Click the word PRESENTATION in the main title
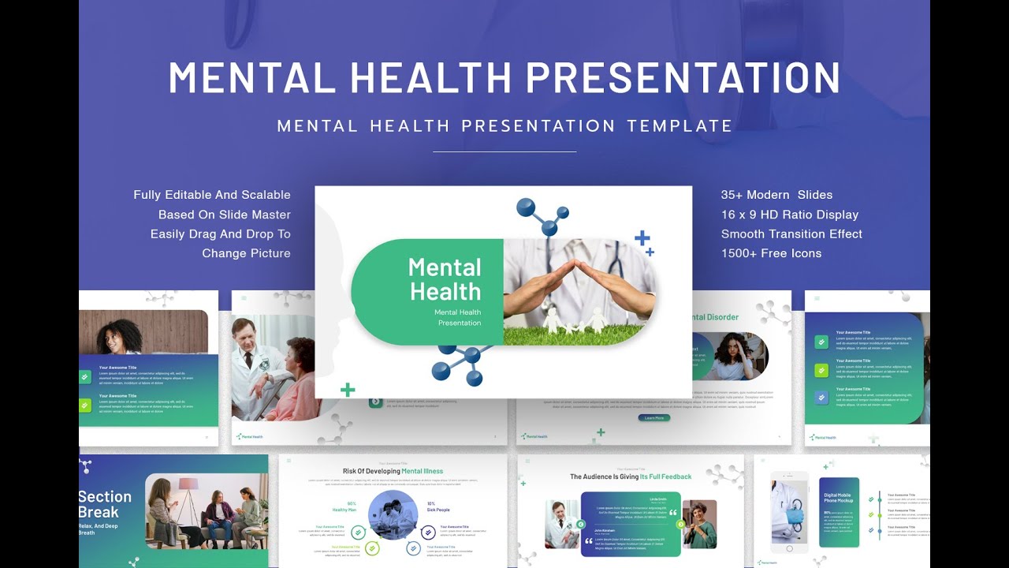pos(683,77)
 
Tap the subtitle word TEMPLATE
pos(679,125)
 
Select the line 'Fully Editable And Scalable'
pos(212,195)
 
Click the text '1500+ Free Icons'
pos(771,253)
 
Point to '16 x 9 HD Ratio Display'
pos(789,215)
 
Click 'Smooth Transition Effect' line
pos(791,234)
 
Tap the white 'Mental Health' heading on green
pos(445,279)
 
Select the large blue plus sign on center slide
pos(642,237)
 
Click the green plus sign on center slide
pos(348,390)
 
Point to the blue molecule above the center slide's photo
pos(541,215)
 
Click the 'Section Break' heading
pos(104,504)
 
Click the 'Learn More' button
pos(653,417)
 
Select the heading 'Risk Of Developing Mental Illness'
pos(393,471)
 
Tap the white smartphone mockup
pos(789,511)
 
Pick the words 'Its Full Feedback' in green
pos(665,476)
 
